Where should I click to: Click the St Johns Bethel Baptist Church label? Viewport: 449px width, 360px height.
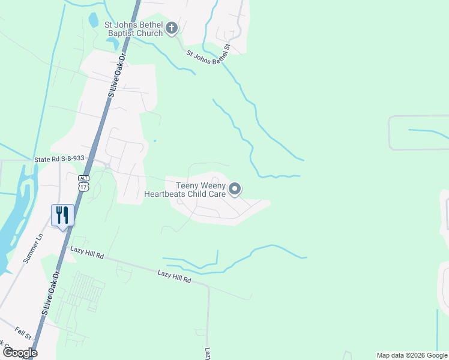(x=133, y=29)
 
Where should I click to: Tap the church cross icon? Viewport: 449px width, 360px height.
(x=172, y=28)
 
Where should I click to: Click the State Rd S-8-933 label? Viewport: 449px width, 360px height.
(x=59, y=160)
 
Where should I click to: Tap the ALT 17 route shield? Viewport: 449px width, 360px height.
(x=83, y=183)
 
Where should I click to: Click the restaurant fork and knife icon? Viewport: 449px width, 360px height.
(x=62, y=215)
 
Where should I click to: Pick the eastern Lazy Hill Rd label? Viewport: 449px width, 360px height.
(x=174, y=277)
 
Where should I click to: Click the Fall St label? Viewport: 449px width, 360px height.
(x=23, y=332)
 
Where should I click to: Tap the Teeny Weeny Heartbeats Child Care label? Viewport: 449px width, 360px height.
(x=184, y=190)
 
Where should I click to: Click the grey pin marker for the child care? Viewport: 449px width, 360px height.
(x=235, y=190)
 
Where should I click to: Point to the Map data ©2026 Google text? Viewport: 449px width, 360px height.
(x=412, y=355)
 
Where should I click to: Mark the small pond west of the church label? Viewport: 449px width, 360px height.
(x=93, y=20)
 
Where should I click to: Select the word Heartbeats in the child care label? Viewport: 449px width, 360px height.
(x=169, y=194)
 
